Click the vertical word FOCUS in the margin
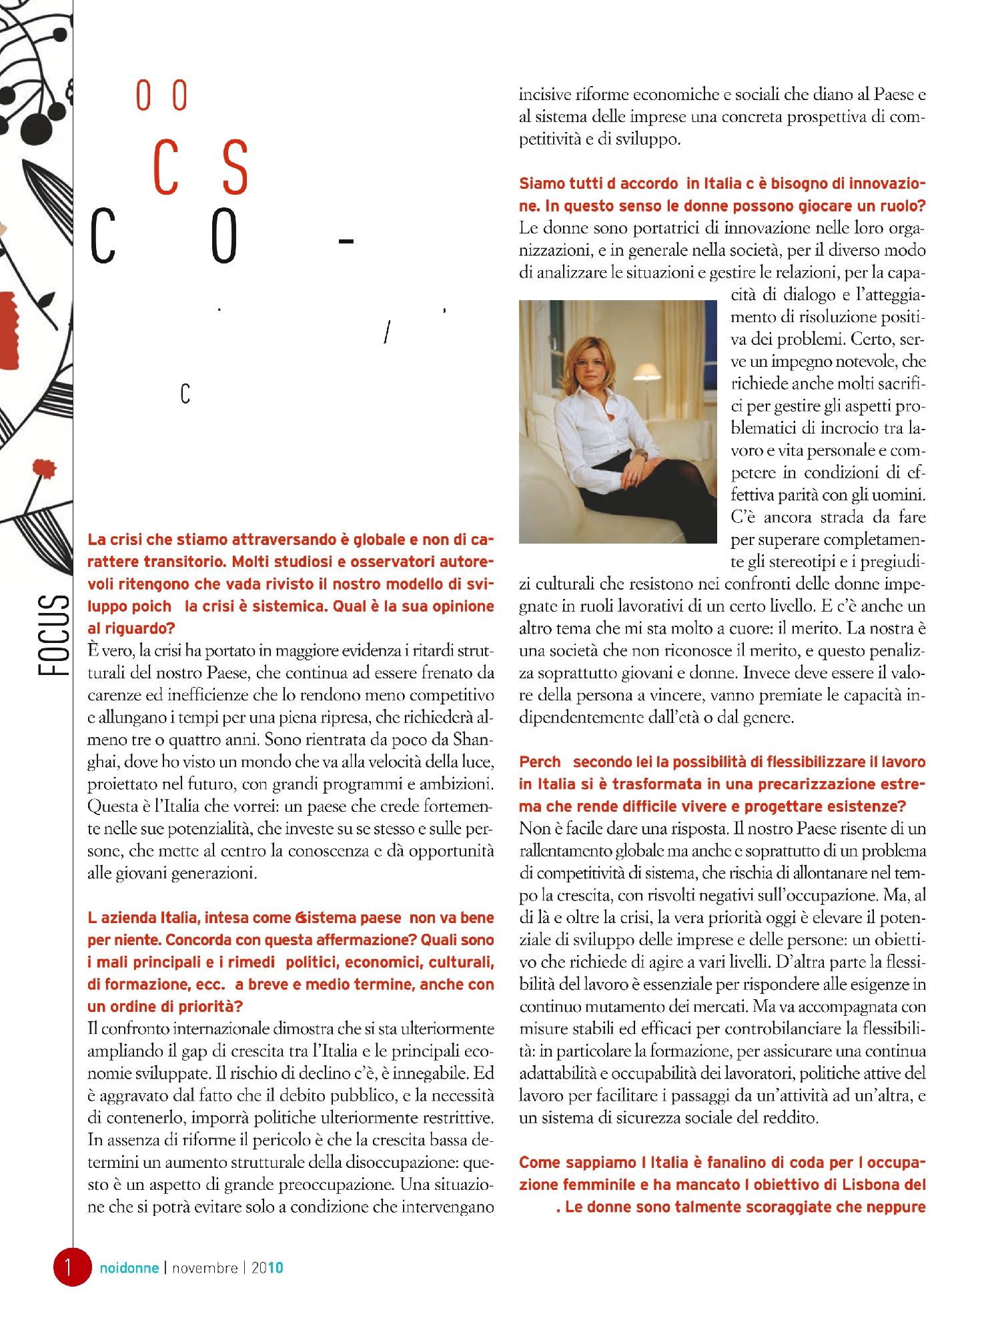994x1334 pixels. pyautogui.click(x=54, y=634)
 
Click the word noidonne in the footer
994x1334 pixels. pyautogui.click(x=129, y=1268)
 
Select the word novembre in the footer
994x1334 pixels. pyautogui.click(x=205, y=1268)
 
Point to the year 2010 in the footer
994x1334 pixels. pyautogui.click(x=267, y=1268)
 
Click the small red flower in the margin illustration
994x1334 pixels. pyautogui.click(x=45, y=468)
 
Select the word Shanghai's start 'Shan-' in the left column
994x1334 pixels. pyautogui.click(x=473, y=740)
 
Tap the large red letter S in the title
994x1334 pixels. pyautogui.click(x=235, y=168)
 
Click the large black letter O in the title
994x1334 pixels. pyautogui.click(x=224, y=236)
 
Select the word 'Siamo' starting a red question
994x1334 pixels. pyautogui.click(x=542, y=183)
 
